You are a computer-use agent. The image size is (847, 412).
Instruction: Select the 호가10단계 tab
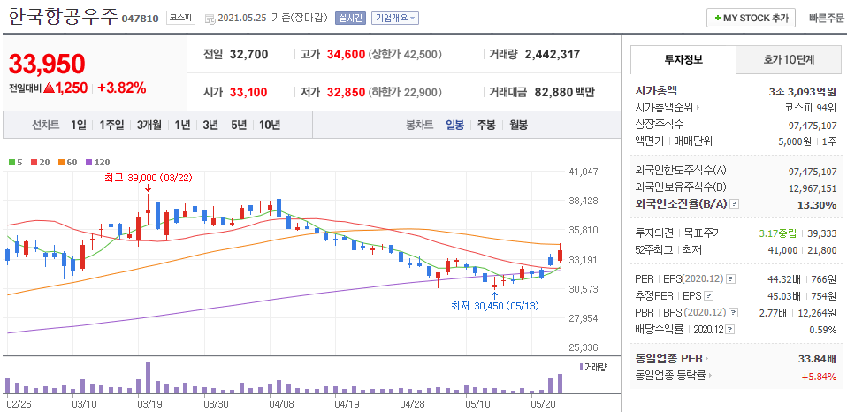pos(789,59)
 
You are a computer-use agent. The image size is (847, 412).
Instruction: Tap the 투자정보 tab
pos(683,59)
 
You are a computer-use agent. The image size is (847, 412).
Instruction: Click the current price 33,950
pos(48,64)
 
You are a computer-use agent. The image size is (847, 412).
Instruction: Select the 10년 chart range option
pos(269,125)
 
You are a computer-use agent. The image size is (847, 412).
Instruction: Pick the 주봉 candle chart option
pos(485,125)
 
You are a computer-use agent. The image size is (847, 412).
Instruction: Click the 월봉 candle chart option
pos(518,125)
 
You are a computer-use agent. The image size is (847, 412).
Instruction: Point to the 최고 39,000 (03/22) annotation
pos(149,177)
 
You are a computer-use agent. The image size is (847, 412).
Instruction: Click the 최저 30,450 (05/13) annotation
pos(493,306)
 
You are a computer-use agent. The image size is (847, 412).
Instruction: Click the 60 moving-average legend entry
pos(69,162)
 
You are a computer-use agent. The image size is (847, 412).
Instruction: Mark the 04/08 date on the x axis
pos(281,403)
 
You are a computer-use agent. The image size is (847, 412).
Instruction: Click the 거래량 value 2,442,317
pos(552,54)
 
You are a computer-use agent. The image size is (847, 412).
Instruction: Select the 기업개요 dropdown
pos(395,18)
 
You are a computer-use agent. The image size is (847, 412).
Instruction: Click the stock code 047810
pos(141,19)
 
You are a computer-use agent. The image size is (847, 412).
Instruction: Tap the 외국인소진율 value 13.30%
pos(815,205)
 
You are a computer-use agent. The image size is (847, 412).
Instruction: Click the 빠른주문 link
pos(826,18)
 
